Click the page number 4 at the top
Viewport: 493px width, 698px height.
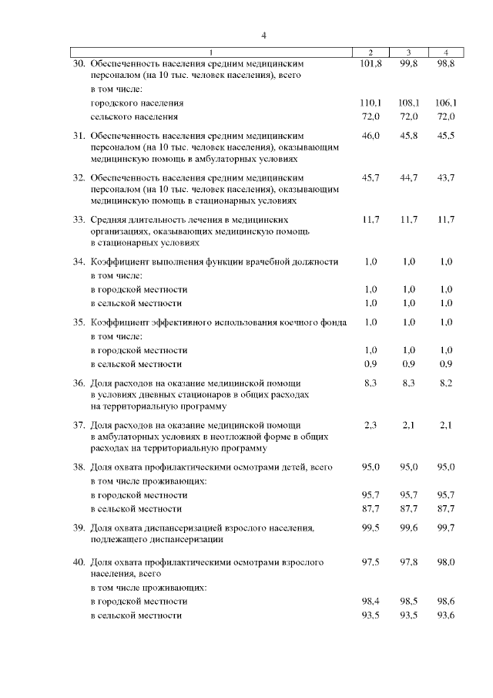(x=263, y=35)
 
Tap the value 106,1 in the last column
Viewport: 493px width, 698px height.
(x=445, y=103)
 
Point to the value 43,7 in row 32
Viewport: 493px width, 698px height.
(x=445, y=178)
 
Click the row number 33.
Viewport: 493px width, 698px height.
(x=79, y=220)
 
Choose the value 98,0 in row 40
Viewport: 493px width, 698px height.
(x=445, y=563)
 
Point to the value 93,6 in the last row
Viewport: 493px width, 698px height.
(x=445, y=615)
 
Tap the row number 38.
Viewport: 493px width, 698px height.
(x=79, y=467)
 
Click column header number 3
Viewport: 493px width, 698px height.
(x=408, y=52)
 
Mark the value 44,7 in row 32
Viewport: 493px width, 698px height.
(x=408, y=178)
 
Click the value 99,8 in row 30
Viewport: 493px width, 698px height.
(x=408, y=63)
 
